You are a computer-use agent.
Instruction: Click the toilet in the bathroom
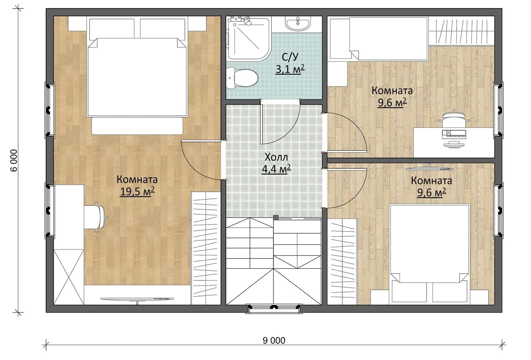[242, 78]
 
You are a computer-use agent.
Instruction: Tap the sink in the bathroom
[298, 24]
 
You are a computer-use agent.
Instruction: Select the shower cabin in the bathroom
[249, 38]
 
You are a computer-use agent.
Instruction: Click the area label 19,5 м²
[137, 191]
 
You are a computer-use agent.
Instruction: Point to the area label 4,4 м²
[276, 169]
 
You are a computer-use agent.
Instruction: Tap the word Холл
[276, 157]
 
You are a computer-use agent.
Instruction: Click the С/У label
[290, 57]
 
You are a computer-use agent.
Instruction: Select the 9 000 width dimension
[274, 340]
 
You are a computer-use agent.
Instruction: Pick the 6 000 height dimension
[14, 161]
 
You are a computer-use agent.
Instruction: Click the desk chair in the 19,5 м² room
[96, 217]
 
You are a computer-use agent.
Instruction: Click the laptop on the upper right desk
[454, 134]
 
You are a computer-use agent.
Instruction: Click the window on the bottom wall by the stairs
[274, 309]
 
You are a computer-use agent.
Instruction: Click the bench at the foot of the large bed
[137, 126]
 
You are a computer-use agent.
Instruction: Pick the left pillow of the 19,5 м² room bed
[112, 29]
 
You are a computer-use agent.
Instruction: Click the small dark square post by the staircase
[276, 217]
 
